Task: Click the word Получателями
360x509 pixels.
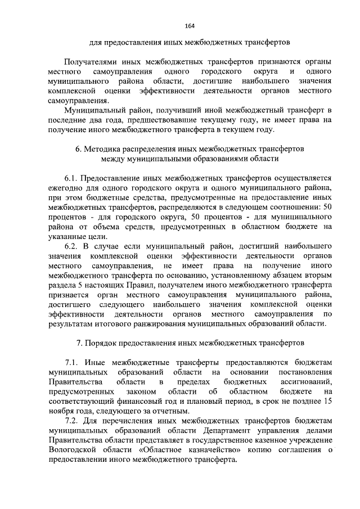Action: pyautogui.click(x=93, y=61)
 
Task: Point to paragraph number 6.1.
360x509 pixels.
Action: pyautogui.click(x=72, y=178)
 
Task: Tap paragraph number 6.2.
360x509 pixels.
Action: pyautogui.click(x=72, y=246)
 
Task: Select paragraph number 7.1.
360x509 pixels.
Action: pyautogui.click(x=72, y=363)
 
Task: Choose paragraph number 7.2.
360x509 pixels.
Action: pyautogui.click(x=72, y=421)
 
